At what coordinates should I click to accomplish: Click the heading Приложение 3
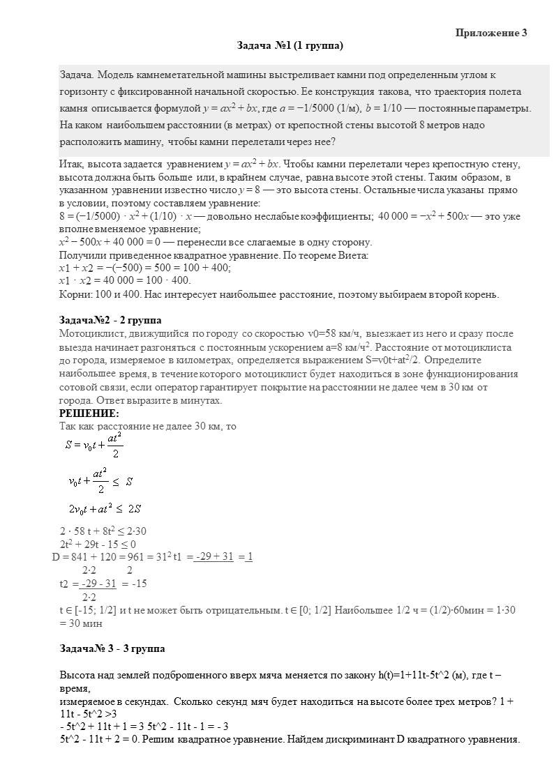click(x=491, y=33)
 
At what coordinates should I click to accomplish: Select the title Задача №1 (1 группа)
click(x=290, y=46)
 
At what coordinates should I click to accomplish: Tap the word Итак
click(x=72, y=165)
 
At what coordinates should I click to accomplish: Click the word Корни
click(x=73, y=294)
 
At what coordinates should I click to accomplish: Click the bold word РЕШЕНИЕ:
click(x=89, y=413)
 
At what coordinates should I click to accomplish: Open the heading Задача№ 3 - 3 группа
click(x=112, y=649)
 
